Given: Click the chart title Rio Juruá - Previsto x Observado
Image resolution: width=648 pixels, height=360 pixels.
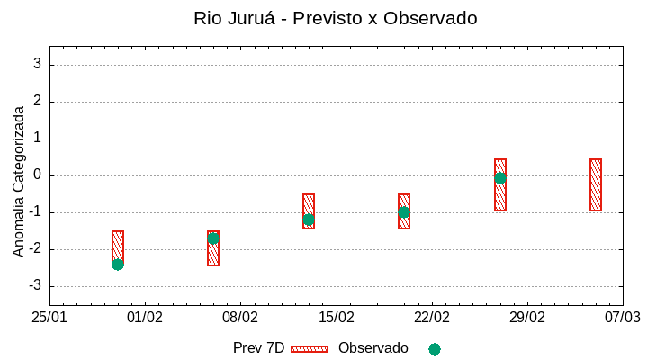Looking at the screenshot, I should point(335,18).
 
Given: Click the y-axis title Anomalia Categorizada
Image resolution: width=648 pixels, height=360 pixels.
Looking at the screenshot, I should point(19,181).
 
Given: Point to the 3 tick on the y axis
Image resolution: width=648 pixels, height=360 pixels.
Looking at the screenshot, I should point(38,65).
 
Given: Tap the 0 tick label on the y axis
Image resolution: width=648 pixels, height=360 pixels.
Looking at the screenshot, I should point(38,175).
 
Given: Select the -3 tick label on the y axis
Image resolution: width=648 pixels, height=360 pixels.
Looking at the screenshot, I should point(35,286).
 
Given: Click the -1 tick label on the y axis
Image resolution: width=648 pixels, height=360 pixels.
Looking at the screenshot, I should point(35,212).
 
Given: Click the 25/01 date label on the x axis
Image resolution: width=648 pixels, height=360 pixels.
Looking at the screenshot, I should point(49,317).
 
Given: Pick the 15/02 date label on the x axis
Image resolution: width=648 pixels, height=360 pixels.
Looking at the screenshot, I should point(337,317).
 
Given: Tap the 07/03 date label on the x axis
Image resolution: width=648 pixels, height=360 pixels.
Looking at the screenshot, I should point(623,317).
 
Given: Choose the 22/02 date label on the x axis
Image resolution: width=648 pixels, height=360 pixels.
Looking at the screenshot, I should point(432,317).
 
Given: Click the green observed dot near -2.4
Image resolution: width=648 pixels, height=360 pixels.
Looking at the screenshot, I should point(118,265).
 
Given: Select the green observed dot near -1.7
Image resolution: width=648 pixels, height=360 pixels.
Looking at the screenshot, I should point(213,238).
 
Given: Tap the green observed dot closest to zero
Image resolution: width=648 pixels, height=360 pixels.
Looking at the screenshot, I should point(500,178).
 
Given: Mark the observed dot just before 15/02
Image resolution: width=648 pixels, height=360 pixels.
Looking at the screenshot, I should point(309,220).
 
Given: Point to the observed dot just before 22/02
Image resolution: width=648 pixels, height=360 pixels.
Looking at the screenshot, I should point(404,212).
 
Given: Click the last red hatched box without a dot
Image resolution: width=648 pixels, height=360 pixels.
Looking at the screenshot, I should point(596,184).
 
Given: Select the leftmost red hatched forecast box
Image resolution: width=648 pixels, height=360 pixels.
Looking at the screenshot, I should point(118,245).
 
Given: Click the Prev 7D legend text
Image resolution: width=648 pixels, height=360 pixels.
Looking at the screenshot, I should point(258,348).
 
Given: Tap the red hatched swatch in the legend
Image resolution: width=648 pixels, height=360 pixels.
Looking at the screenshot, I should point(310,348).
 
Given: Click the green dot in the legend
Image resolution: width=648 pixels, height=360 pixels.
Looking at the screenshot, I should point(435,348).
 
